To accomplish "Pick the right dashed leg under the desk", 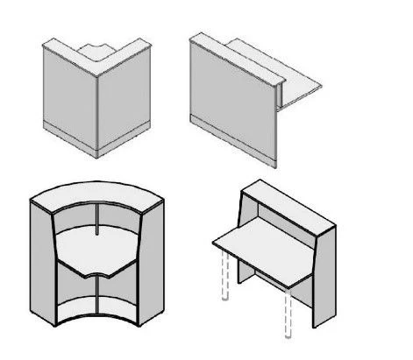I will tap(287, 311).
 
